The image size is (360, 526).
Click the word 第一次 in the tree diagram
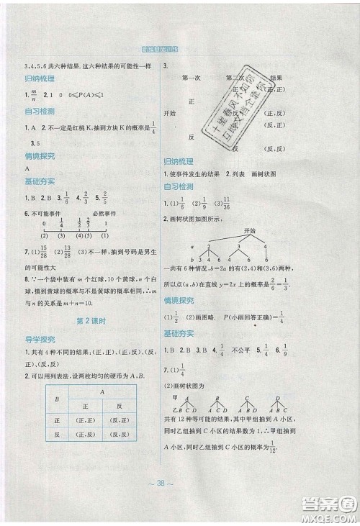point(192,77)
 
